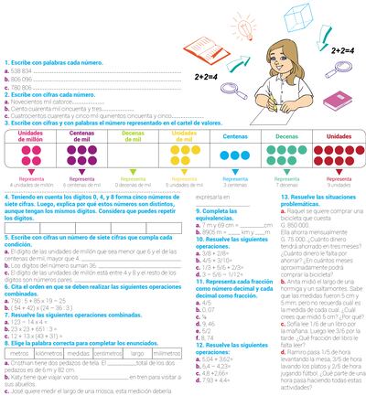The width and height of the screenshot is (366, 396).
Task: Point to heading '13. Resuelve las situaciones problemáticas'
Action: click(x=321, y=224)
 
